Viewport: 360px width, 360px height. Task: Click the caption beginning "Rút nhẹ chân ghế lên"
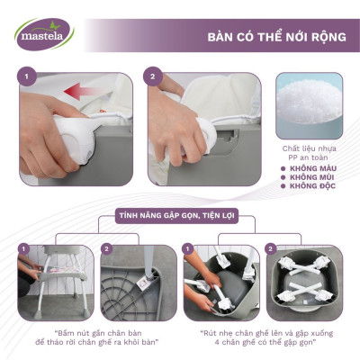point(265,337)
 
